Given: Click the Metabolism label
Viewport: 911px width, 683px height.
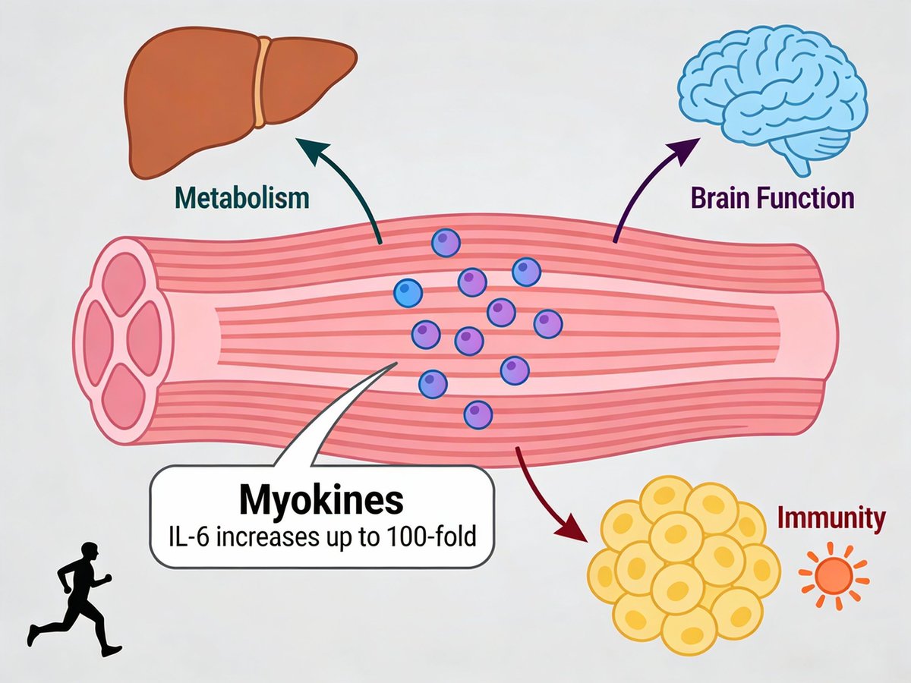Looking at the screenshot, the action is tap(242, 198).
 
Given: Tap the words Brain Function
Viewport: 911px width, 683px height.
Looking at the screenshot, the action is tap(772, 199).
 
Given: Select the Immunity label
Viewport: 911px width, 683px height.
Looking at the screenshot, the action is tap(832, 518).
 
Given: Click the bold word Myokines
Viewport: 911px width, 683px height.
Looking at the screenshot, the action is tap(322, 501).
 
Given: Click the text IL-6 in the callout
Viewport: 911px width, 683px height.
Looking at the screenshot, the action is tap(185, 538).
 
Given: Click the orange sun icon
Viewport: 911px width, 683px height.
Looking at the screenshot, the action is tap(834, 576).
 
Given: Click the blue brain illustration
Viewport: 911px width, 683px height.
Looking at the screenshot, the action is tap(772, 99).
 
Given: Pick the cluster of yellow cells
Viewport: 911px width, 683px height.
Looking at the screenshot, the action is tap(684, 566).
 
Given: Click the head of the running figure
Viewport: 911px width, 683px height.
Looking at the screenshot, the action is tap(90, 552).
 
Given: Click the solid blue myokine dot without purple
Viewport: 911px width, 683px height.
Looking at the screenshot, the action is tap(408, 293).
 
